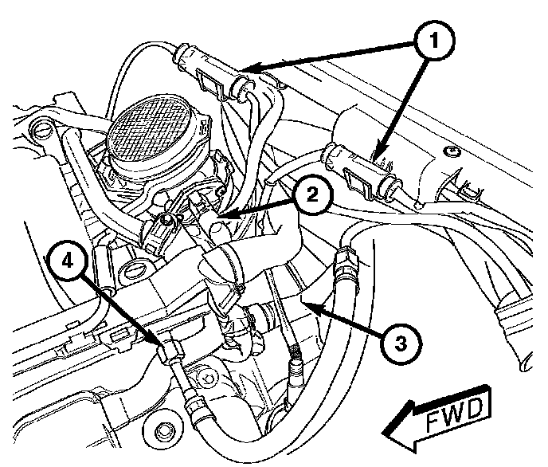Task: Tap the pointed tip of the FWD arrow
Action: click(385, 434)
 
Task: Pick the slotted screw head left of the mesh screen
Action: click(37, 128)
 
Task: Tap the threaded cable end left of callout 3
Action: click(296, 354)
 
